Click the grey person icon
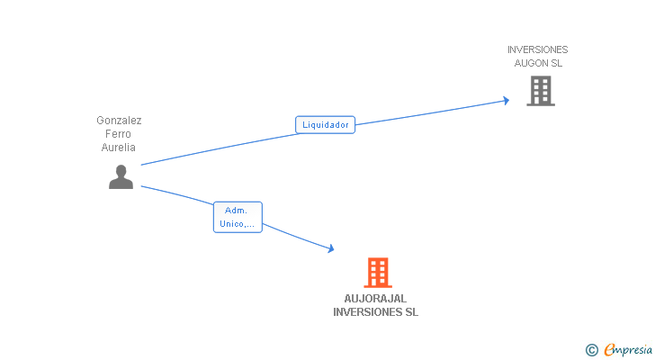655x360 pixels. (x=121, y=177)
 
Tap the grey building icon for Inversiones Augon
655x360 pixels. (x=541, y=91)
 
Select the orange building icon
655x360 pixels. (x=377, y=273)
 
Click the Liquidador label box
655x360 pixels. (x=326, y=125)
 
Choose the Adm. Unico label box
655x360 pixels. (x=238, y=217)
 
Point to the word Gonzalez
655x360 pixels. (x=120, y=121)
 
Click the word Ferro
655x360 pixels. (x=119, y=134)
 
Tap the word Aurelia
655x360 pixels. (x=119, y=148)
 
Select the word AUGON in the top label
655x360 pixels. (x=531, y=64)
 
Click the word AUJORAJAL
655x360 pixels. (x=376, y=299)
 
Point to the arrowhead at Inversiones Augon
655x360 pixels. (x=507, y=100)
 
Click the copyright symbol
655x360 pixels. (x=592, y=350)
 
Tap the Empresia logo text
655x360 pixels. (x=629, y=350)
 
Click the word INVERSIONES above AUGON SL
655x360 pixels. (x=538, y=50)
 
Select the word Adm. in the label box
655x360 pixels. (x=236, y=211)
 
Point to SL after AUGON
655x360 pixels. (x=557, y=64)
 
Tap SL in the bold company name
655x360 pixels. (x=410, y=312)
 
